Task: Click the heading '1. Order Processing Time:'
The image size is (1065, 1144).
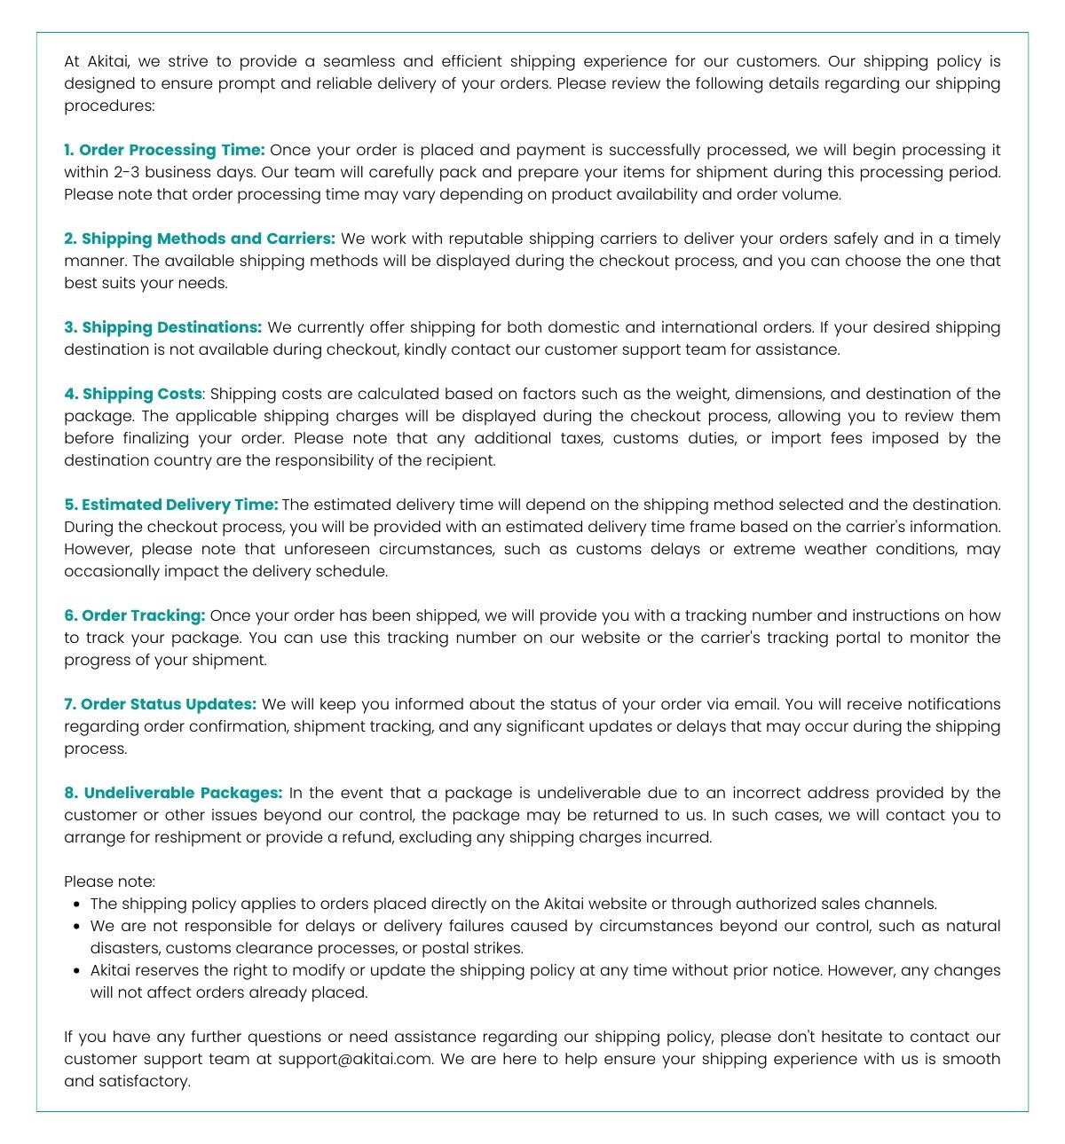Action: coord(164,150)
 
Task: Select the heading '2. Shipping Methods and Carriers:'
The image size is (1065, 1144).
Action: coord(200,239)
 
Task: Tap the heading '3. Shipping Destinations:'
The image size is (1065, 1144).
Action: coord(162,327)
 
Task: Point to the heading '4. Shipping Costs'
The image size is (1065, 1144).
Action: coord(133,394)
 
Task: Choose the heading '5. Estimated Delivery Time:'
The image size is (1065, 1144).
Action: coord(170,505)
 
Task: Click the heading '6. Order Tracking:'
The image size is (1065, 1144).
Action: coord(134,615)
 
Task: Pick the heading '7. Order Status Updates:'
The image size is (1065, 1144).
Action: coord(160,704)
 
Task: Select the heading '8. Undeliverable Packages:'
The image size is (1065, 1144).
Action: coord(173,793)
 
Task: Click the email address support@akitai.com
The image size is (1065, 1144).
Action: coord(355,1059)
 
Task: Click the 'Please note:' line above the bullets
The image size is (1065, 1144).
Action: coord(109,882)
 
